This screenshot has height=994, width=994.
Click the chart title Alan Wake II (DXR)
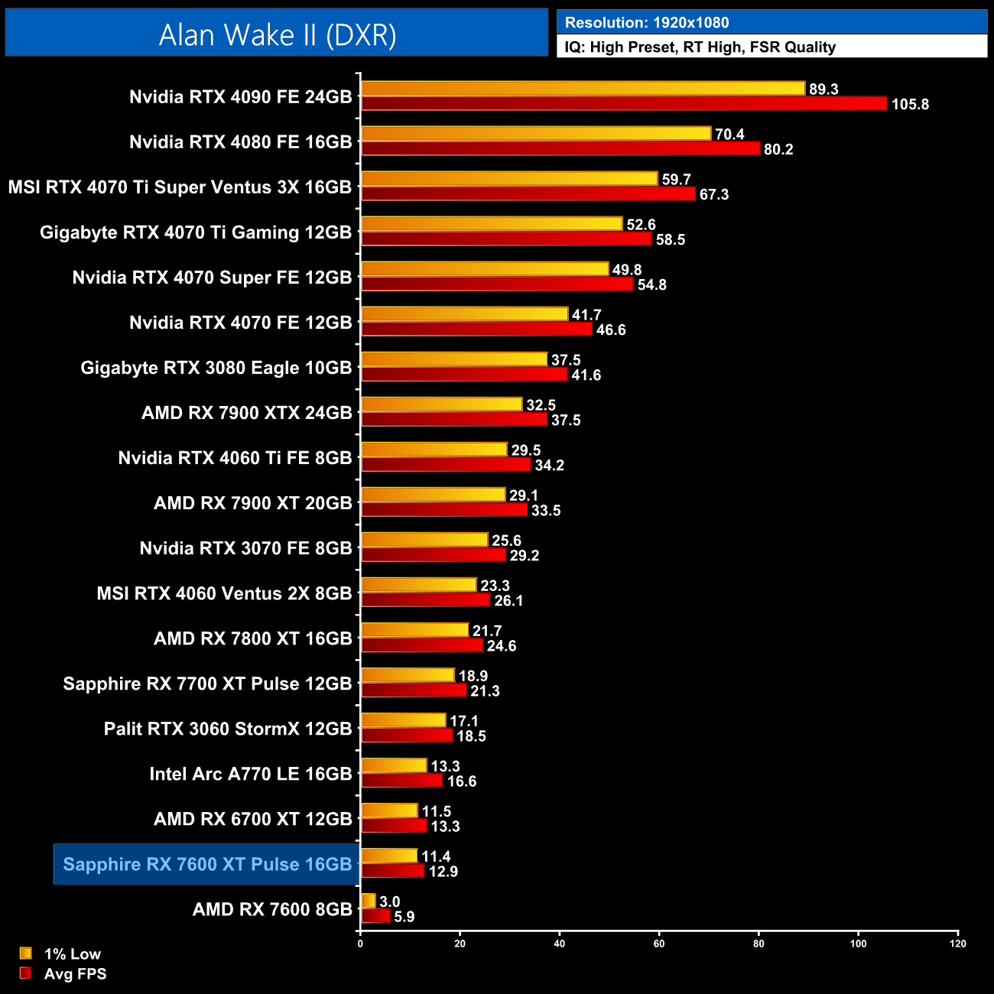(x=277, y=34)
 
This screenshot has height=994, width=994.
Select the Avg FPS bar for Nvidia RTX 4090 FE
(x=623, y=104)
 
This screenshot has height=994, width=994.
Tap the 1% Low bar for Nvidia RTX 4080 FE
(x=535, y=134)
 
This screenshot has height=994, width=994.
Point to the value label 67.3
(x=714, y=195)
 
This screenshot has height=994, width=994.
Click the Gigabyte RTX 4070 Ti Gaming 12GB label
(x=196, y=232)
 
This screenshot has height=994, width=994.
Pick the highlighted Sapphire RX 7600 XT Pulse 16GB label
(x=207, y=864)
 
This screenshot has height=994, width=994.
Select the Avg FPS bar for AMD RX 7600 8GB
(x=375, y=916)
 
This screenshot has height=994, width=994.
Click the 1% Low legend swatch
(x=26, y=953)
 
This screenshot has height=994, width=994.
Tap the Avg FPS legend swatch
(x=26, y=973)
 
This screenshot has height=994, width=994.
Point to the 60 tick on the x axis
(x=659, y=944)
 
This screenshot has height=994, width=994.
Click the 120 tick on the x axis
(x=958, y=944)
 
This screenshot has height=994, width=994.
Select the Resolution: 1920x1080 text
(x=647, y=23)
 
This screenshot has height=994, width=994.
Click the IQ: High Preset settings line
(x=700, y=47)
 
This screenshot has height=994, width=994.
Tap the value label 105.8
(x=910, y=105)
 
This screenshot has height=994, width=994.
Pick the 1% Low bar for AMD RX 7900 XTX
(x=441, y=404)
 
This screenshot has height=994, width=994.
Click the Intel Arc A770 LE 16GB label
(x=251, y=774)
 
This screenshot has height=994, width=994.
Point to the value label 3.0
(x=390, y=902)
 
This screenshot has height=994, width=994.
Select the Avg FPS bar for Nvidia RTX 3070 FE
(x=433, y=555)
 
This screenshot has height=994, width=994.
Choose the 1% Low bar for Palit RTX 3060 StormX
(x=403, y=720)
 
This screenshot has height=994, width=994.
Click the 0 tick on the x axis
(x=360, y=944)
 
